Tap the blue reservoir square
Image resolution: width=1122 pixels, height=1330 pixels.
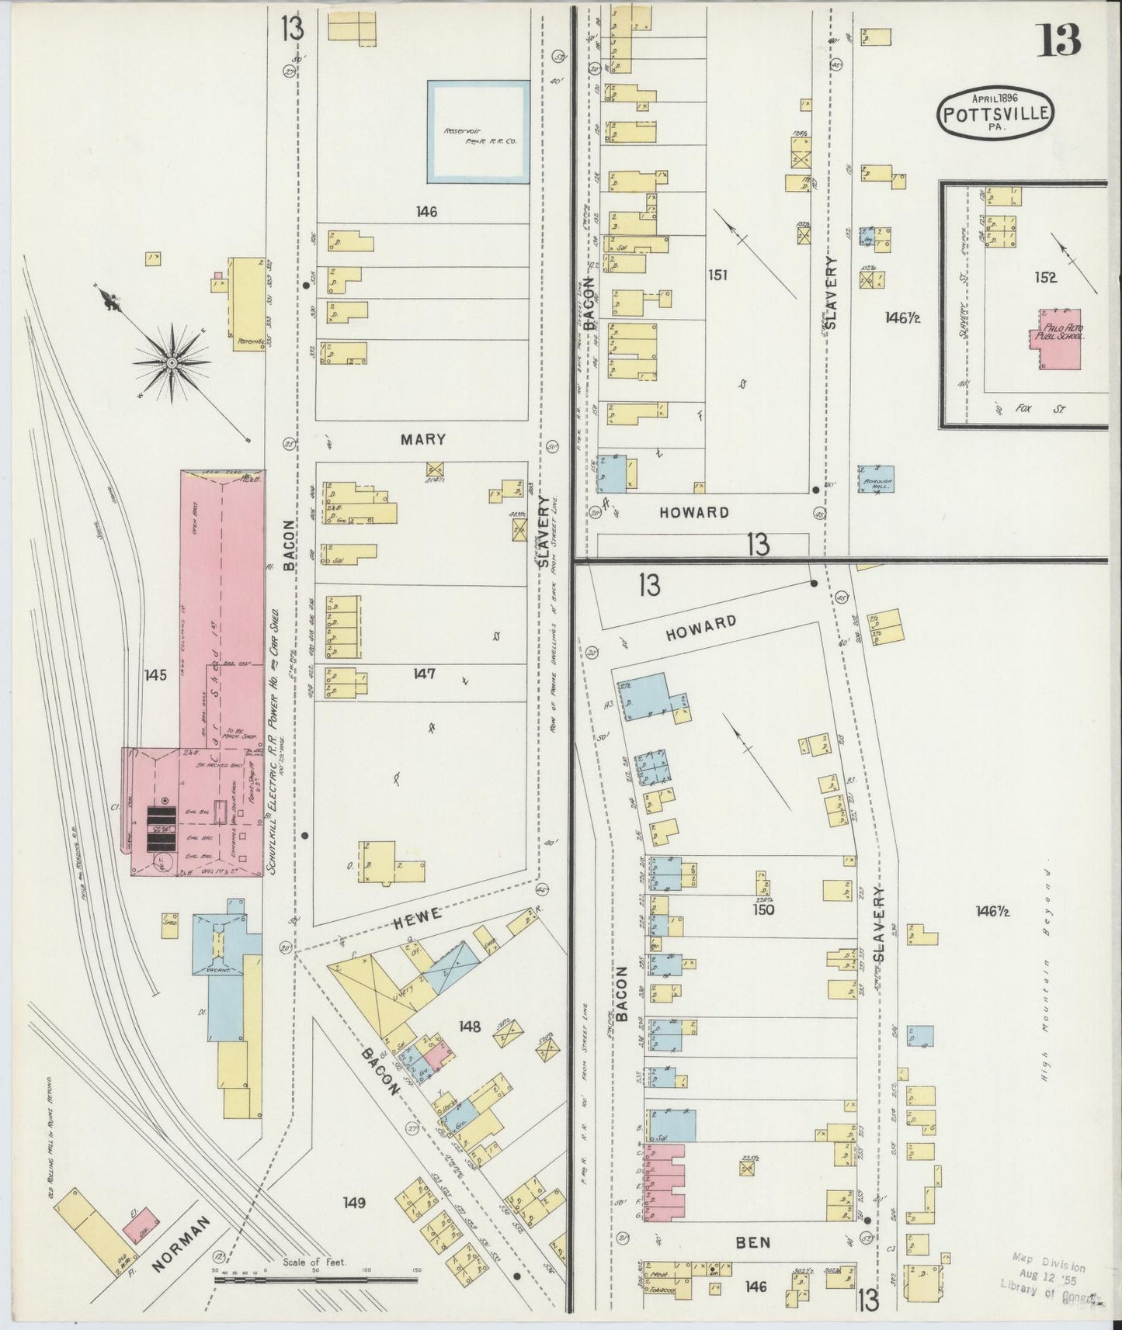coord(478,132)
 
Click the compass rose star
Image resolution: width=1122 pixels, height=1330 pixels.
coord(172,361)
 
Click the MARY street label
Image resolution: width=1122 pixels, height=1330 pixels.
coord(423,439)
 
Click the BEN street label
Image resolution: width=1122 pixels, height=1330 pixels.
coord(753,1242)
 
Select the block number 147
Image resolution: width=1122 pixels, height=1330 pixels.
coord(424,674)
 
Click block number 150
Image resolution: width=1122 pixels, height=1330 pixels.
coord(763,909)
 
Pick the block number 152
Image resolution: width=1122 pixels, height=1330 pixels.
coord(1045,278)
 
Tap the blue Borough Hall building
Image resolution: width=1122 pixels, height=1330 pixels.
coord(876,479)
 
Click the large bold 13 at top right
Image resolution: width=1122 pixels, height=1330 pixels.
coord(1058,40)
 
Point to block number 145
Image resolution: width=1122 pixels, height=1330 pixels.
coord(155,675)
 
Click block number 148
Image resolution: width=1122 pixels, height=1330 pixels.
coord(470,1027)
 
